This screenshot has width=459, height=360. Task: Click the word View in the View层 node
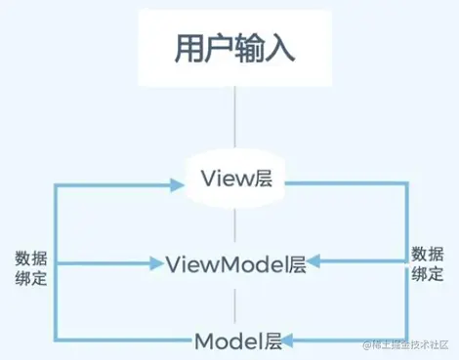click(x=223, y=179)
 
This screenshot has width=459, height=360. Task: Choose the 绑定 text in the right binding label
click(x=427, y=273)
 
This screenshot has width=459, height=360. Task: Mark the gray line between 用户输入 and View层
click(x=233, y=121)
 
